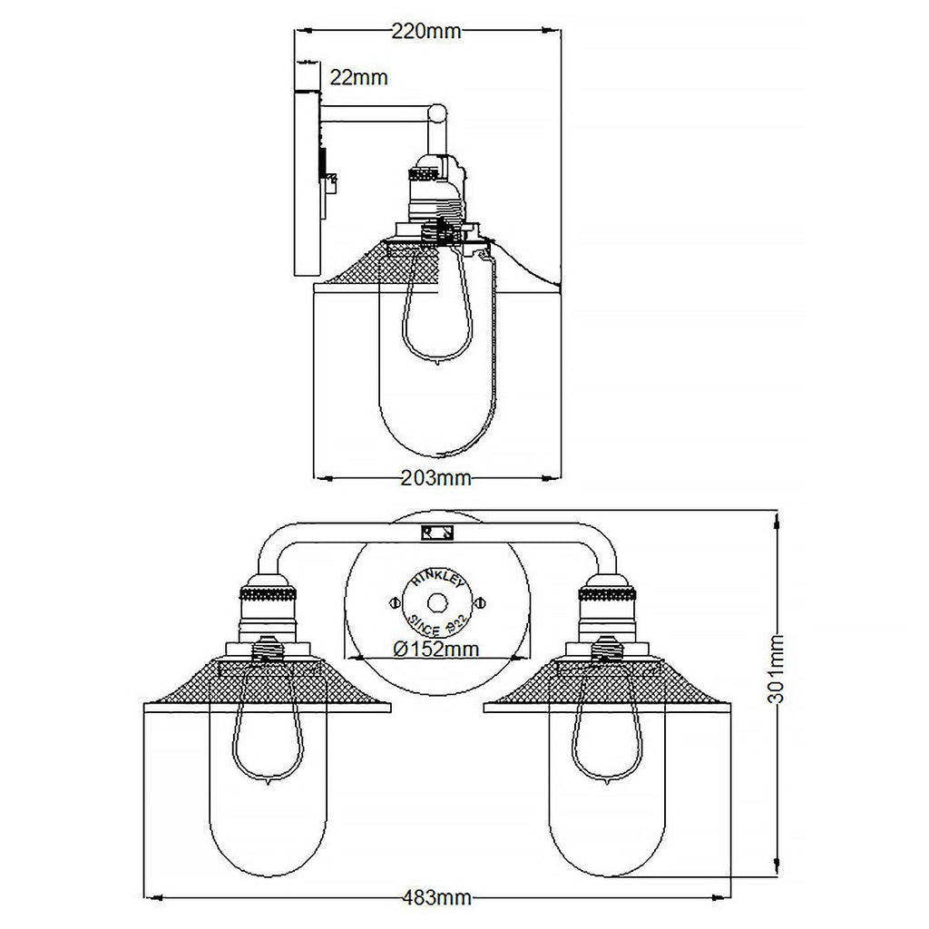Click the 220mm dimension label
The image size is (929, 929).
click(426, 32)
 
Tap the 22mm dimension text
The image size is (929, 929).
click(358, 78)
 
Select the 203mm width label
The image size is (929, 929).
click(435, 478)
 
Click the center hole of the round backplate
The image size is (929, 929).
click(437, 601)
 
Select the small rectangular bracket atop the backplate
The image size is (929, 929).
click(437, 533)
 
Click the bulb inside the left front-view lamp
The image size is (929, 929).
click(268, 735)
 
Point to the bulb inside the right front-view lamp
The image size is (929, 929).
click(606, 735)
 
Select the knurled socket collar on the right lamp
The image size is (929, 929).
click(606, 596)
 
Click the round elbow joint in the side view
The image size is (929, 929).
click(437, 113)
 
